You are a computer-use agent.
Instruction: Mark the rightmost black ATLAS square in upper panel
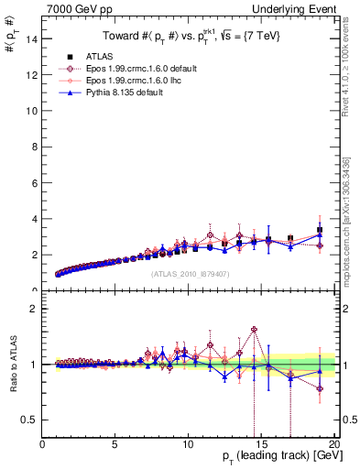coord(320,230)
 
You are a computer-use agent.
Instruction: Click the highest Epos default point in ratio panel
coord(254,329)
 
